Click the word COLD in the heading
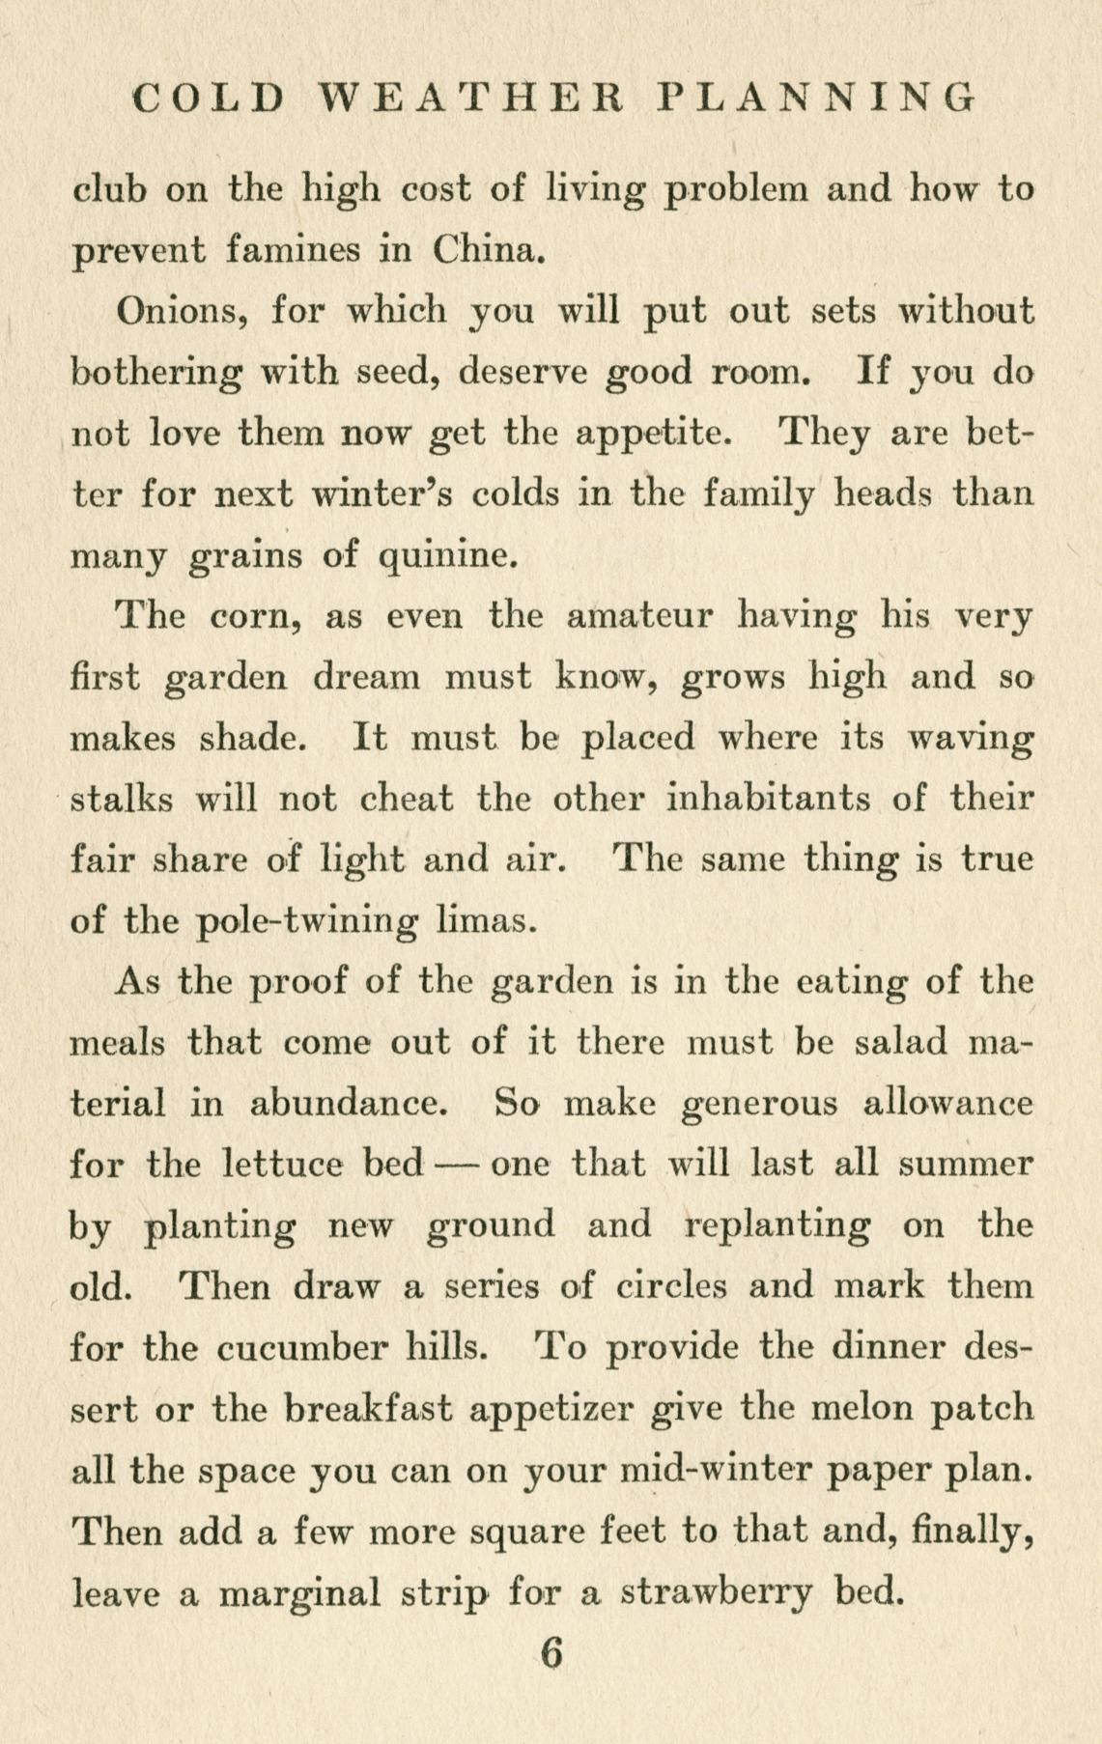tap(210, 98)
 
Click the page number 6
tap(551, 1653)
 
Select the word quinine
tap(443, 556)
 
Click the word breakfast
tap(369, 1408)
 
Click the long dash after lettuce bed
tap(456, 1164)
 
